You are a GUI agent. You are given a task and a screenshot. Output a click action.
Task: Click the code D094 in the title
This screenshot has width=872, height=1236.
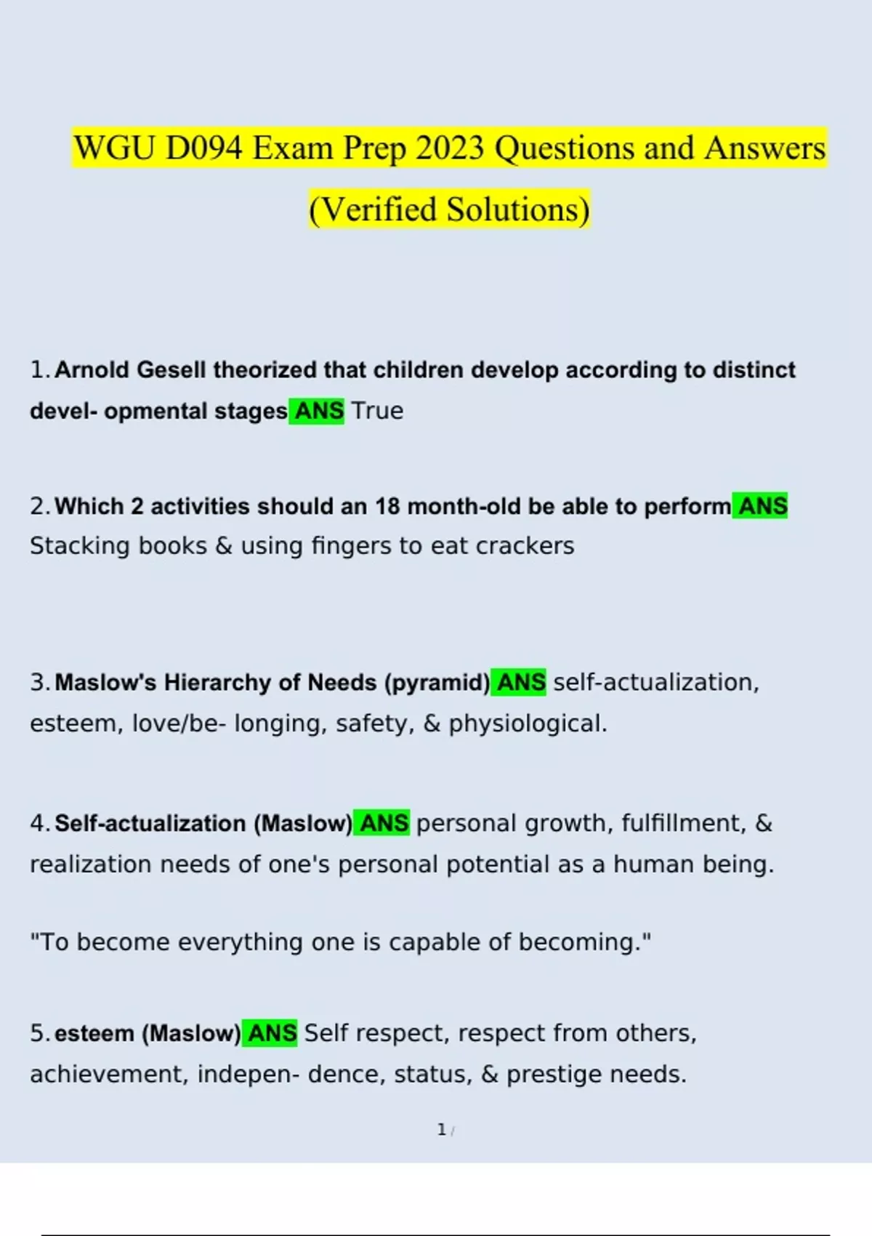[x=203, y=148]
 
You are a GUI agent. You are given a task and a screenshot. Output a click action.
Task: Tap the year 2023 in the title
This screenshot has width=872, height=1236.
[x=450, y=148]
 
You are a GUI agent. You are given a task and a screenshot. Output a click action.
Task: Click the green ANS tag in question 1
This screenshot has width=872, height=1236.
[x=318, y=411]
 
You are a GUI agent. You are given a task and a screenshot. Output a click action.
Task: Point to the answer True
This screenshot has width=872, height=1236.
[x=377, y=411]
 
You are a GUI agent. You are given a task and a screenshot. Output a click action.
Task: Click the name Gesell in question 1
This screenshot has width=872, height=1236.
[x=171, y=370]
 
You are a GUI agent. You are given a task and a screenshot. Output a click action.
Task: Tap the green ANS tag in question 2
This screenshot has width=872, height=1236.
[x=761, y=506]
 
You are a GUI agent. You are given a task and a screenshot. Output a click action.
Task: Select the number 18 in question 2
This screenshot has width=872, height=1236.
[x=387, y=506]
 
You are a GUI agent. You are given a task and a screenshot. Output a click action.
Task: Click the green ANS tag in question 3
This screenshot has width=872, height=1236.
[x=520, y=683]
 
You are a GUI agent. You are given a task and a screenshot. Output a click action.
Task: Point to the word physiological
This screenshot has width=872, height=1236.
[x=527, y=723]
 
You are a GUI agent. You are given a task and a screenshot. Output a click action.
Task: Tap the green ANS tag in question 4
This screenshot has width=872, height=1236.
[x=383, y=823]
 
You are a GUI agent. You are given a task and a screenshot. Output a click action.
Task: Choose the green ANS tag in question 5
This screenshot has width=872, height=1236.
[x=271, y=1033]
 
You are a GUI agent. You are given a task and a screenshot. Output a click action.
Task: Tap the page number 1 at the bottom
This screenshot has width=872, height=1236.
[x=441, y=1130]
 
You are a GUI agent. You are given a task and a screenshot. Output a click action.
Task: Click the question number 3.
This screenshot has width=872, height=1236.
[x=38, y=683]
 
